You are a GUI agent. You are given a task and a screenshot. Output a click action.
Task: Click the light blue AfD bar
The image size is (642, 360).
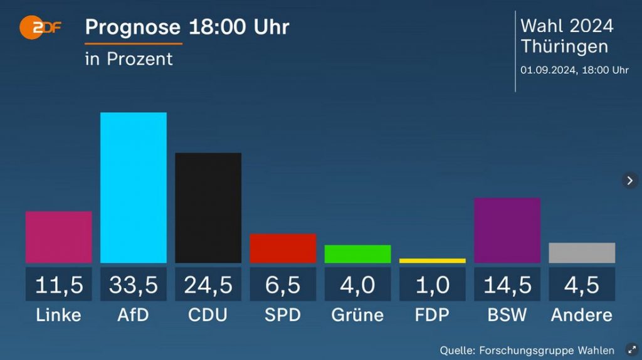(134, 188)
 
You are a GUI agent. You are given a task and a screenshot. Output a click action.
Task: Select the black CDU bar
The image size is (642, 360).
(208, 208)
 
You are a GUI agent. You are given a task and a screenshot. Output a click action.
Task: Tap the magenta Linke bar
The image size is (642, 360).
(59, 237)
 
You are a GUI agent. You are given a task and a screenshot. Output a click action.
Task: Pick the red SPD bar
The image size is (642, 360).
(283, 248)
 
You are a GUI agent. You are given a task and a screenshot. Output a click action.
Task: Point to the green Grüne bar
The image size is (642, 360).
(357, 254)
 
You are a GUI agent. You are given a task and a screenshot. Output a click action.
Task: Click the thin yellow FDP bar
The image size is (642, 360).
(433, 260)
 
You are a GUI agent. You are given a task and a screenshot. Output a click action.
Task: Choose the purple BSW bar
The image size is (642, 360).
(507, 230)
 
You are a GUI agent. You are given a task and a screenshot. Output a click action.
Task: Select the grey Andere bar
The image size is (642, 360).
(582, 253)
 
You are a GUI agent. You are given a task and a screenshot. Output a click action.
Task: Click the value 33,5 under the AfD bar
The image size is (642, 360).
(134, 285)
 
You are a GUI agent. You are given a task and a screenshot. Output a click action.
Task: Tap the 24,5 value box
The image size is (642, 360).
(208, 285)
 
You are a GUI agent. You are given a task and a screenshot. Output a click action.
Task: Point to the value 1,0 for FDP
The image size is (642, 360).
(433, 285)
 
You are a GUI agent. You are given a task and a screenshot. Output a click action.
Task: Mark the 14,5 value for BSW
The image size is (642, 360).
(507, 285)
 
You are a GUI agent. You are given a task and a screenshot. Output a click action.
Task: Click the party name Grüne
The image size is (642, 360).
(357, 315)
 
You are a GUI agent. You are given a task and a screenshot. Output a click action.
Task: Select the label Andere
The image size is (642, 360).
(582, 315)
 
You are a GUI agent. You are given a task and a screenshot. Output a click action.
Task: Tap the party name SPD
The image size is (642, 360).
(283, 315)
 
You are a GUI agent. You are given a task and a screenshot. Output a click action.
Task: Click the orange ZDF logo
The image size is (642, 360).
(39, 28)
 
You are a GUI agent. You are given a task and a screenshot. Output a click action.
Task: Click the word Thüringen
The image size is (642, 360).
(564, 47)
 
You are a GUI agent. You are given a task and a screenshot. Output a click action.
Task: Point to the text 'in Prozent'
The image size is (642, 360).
(129, 59)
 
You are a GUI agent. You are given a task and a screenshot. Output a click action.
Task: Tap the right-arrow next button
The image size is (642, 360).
(630, 181)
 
